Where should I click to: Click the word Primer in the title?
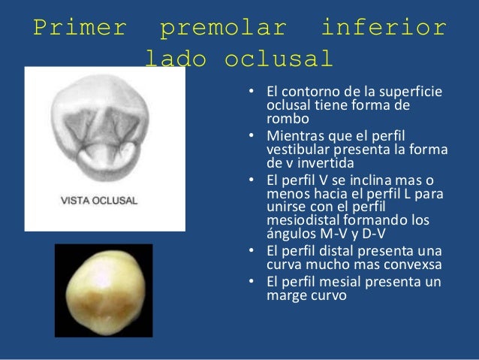(80, 29)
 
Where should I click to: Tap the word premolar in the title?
(224, 29)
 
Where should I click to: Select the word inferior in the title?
(384, 29)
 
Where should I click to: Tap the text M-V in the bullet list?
(330, 234)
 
